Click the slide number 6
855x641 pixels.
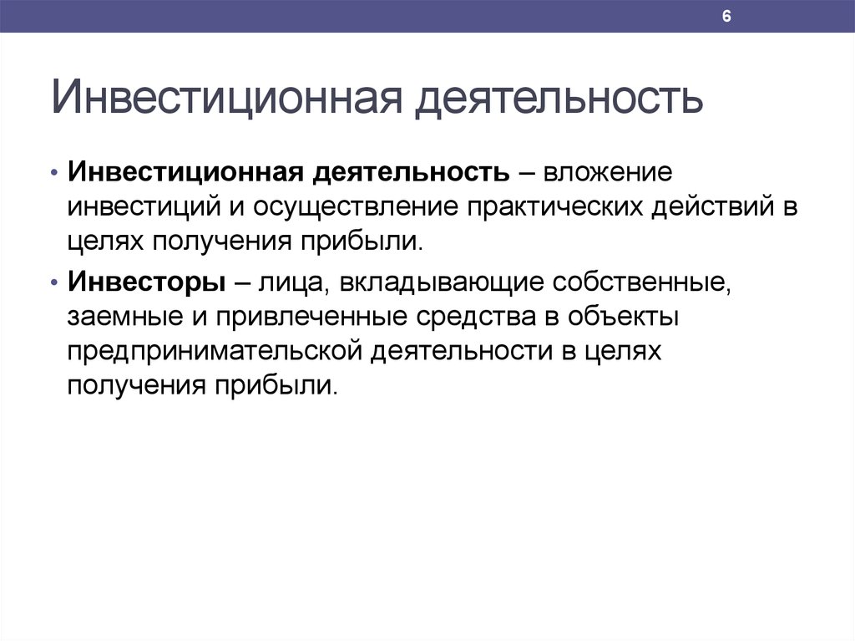pyautogui.click(x=726, y=17)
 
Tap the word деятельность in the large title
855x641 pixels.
pyautogui.click(x=559, y=99)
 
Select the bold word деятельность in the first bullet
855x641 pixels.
pyautogui.click(x=412, y=173)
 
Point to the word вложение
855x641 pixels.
pyautogui.click(x=608, y=172)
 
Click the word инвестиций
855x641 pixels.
pyautogui.click(x=144, y=207)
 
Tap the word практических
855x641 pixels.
pyautogui.click(x=555, y=207)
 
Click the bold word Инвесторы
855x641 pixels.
pyautogui.click(x=147, y=282)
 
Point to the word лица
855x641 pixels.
pyautogui.click(x=291, y=283)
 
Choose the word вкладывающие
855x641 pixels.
pyautogui.click(x=442, y=283)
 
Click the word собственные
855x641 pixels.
pyautogui.click(x=641, y=283)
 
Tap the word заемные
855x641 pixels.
pyautogui.click(x=125, y=318)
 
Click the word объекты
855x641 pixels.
pyautogui.click(x=623, y=318)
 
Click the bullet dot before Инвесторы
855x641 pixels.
pyautogui.click(x=54, y=282)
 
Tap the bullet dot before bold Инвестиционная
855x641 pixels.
pyautogui.click(x=54, y=172)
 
